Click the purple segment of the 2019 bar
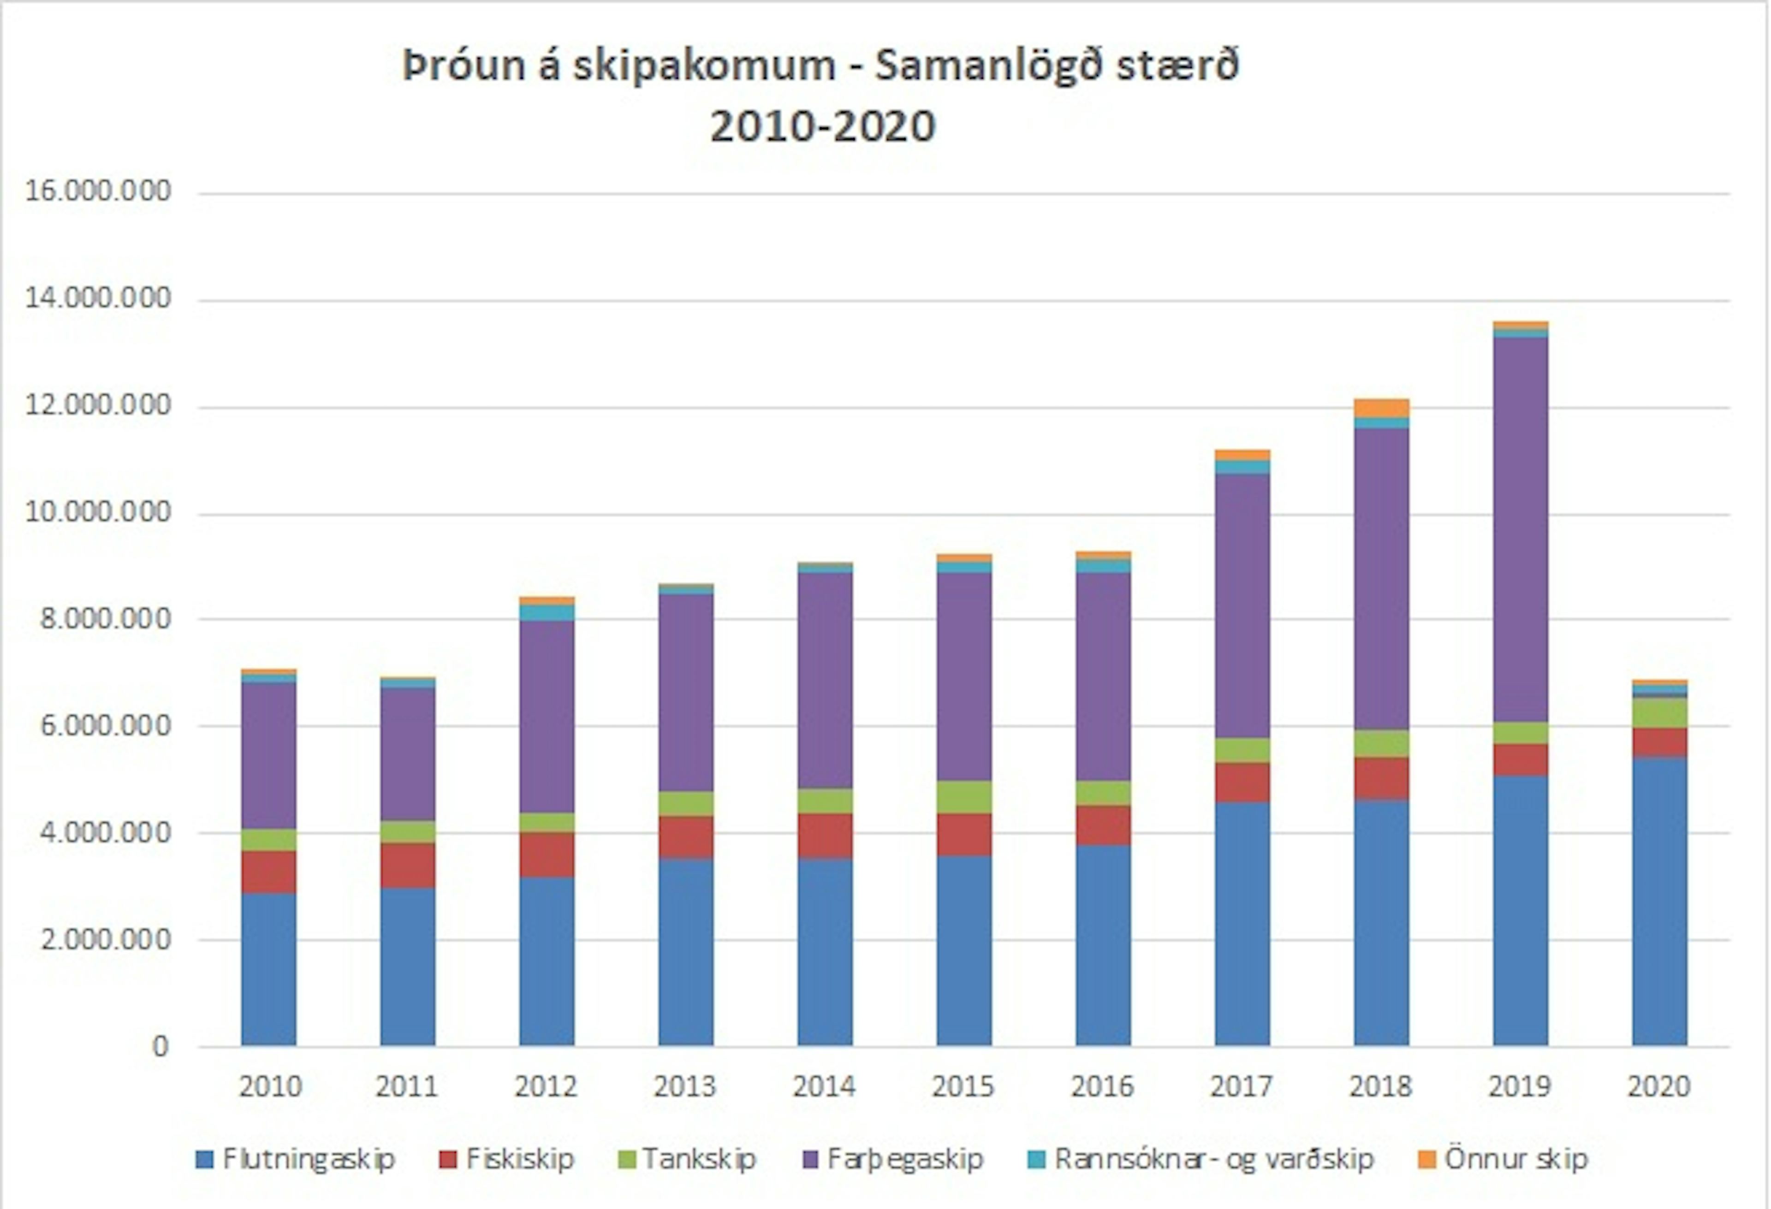[1520, 529]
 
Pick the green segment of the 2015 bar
[964, 797]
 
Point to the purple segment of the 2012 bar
[547, 716]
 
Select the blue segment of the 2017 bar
[1242, 923]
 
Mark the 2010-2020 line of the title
[823, 126]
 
